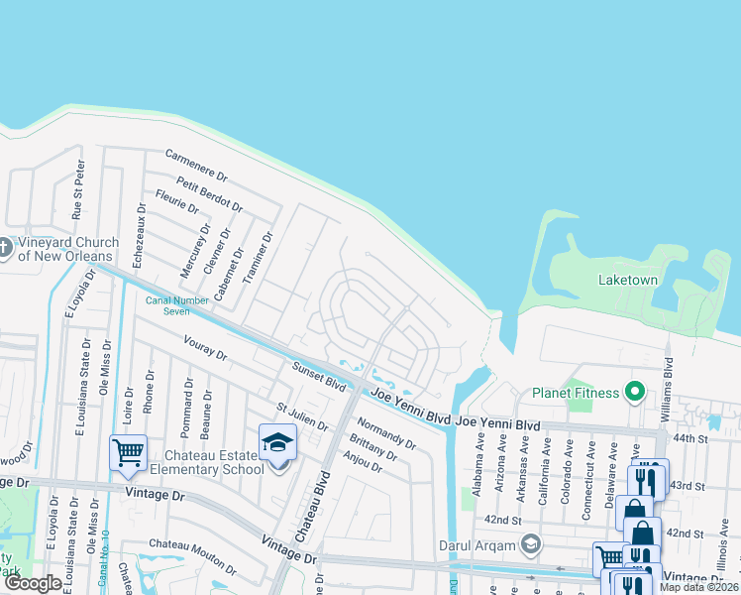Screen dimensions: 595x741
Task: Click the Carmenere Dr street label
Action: (x=196, y=167)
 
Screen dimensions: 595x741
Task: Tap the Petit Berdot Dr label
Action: (x=209, y=193)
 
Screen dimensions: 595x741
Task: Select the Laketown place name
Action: (x=628, y=281)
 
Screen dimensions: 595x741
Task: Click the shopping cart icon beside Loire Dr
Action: (x=128, y=452)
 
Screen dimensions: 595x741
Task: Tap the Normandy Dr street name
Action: (x=385, y=432)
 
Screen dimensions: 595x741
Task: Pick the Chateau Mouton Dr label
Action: (x=192, y=544)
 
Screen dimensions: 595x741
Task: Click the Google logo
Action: (x=33, y=584)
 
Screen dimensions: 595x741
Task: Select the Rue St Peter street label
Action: (x=77, y=189)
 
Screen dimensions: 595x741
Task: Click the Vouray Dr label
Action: (x=205, y=348)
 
